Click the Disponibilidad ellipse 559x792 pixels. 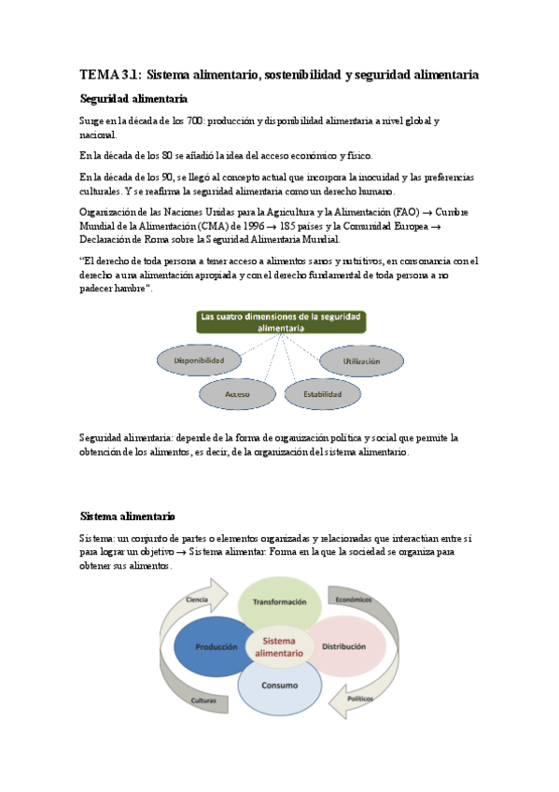tap(200, 360)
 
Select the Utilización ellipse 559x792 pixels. tap(361, 360)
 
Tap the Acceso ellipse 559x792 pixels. tap(238, 394)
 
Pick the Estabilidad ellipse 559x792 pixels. tap(322, 394)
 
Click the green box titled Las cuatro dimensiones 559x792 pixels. tap(281, 322)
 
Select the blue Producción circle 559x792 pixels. tap(217, 646)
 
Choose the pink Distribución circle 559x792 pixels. tap(344, 646)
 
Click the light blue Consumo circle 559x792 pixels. tap(280, 686)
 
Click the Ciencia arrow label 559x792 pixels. tap(196, 599)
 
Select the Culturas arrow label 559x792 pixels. tap(204, 700)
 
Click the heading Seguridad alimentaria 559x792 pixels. tap(133, 99)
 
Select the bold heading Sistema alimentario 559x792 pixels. tap(128, 516)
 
